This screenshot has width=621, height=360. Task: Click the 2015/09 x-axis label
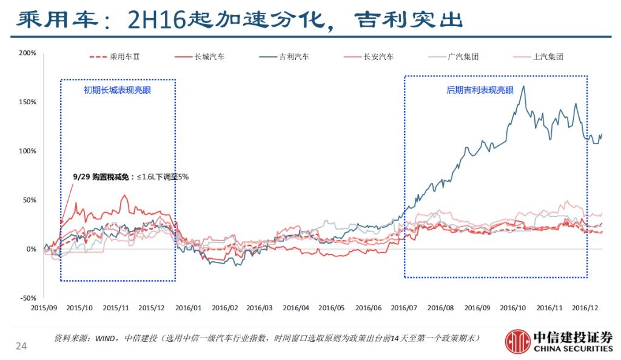(x=44, y=308)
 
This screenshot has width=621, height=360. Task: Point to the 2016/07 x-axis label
(x=405, y=308)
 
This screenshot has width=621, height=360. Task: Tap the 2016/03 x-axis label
(x=261, y=308)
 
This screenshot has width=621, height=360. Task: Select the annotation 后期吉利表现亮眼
(x=480, y=90)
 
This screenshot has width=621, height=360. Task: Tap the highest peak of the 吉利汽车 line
(x=523, y=86)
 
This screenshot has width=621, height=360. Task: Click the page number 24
(x=21, y=346)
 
